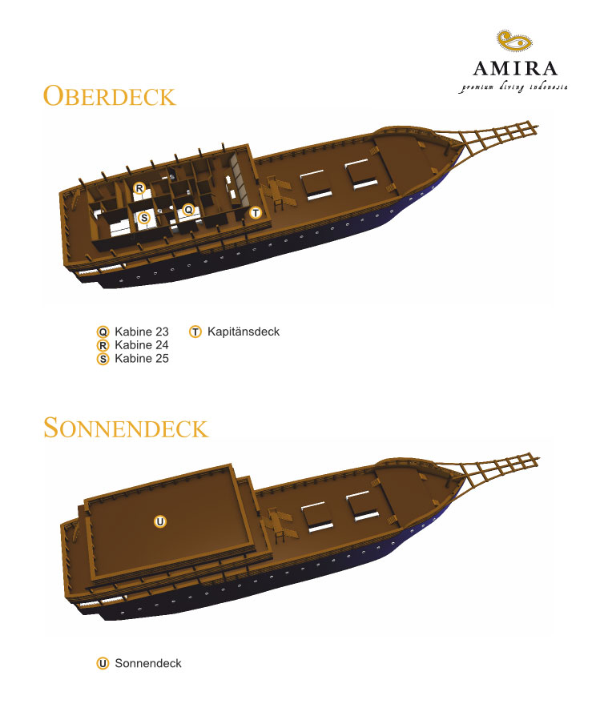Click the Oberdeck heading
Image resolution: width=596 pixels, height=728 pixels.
(110, 96)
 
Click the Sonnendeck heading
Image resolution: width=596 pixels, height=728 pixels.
(126, 428)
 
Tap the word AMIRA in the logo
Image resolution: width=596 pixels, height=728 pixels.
(515, 69)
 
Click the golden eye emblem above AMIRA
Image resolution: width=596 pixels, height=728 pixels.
(514, 41)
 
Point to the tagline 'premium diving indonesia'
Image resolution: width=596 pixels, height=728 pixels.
(513, 87)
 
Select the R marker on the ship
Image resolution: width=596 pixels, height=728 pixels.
(139, 188)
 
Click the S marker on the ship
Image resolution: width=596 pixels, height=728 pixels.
(144, 218)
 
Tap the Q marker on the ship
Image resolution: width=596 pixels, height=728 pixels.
(188, 210)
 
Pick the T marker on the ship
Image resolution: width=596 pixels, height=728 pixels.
(256, 213)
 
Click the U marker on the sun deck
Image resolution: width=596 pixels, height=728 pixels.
(160, 521)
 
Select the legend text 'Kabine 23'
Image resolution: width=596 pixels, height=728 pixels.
(142, 332)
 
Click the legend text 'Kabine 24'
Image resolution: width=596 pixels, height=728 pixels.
(142, 345)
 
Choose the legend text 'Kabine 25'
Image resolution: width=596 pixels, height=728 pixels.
(142, 359)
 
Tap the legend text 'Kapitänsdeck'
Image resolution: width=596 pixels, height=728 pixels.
(244, 332)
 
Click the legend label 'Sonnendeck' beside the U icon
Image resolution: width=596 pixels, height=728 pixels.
(148, 663)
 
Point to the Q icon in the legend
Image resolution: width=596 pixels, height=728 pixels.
(103, 332)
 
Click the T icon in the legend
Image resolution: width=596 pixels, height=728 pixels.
(195, 332)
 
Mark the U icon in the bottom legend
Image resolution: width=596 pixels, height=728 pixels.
(103, 663)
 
